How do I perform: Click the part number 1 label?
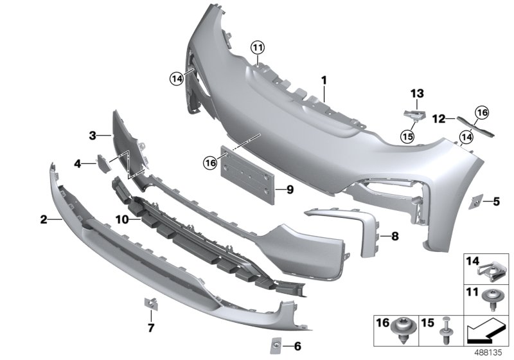pyautogui.click(x=324, y=81)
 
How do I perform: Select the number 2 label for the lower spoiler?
pyautogui.click(x=44, y=220)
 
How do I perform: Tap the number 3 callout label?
pyautogui.click(x=92, y=136)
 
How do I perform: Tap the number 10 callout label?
pyautogui.click(x=122, y=219)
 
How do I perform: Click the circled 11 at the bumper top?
pyautogui.click(x=258, y=48)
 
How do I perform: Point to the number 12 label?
pyautogui.click(x=439, y=119)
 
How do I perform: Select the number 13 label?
pyautogui.click(x=418, y=94)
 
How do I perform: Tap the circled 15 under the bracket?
pyautogui.click(x=406, y=136)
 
